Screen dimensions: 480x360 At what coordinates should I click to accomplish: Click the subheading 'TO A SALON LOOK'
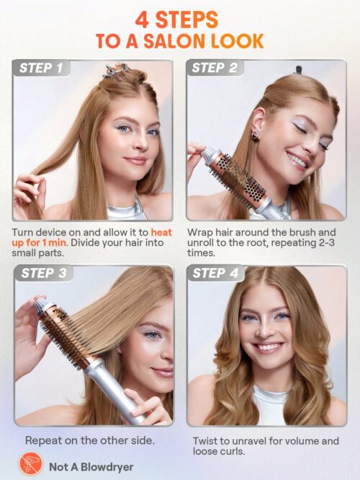point(180,41)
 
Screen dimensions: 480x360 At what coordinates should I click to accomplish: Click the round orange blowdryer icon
point(30,465)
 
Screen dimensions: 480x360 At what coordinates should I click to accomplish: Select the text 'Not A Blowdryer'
point(91,466)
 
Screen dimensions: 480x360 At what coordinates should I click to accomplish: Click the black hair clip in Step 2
point(297,70)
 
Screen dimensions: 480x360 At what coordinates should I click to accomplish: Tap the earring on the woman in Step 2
point(256,135)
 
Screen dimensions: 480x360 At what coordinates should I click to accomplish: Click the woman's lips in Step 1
point(135,161)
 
